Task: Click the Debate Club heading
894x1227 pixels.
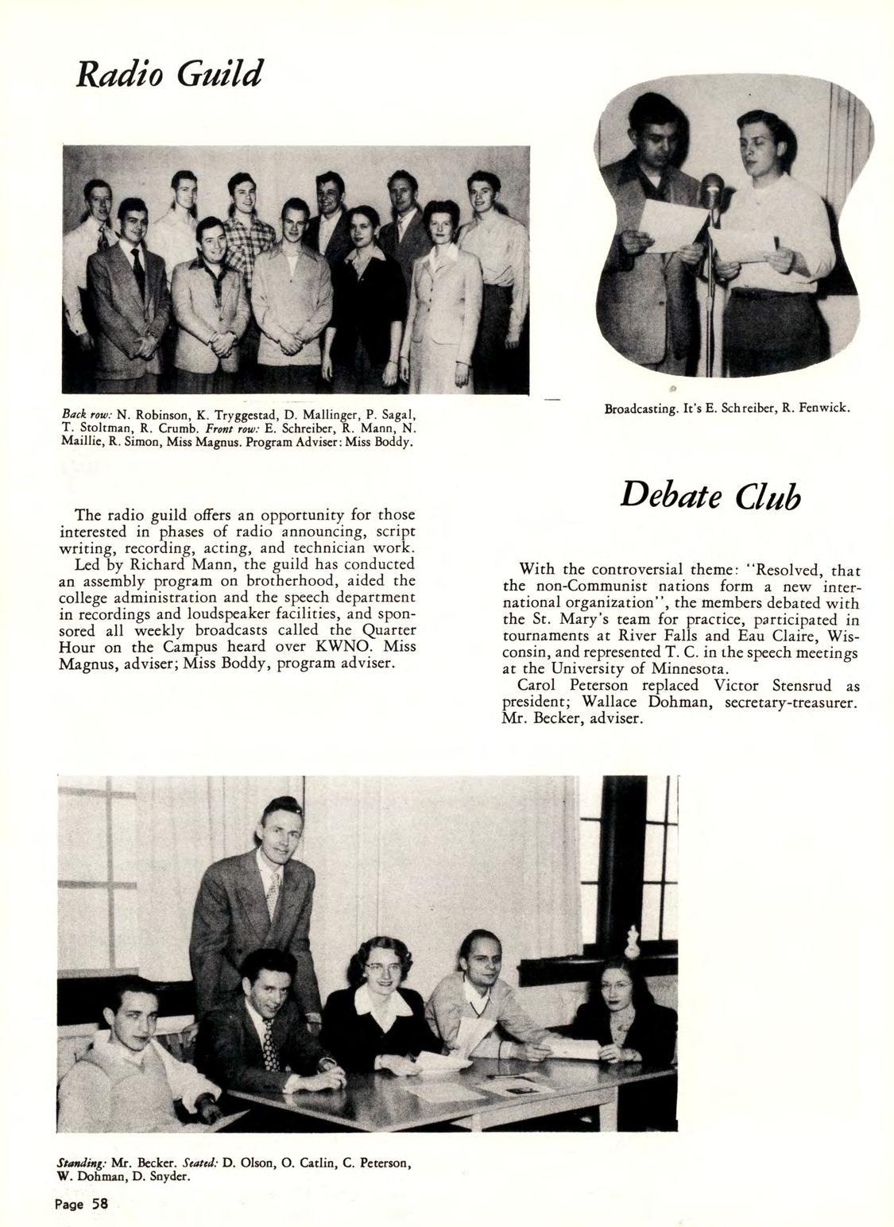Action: pyautogui.click(x=710, y=497)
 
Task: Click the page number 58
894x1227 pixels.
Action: pyautogui.click(x=81, y=1203)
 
